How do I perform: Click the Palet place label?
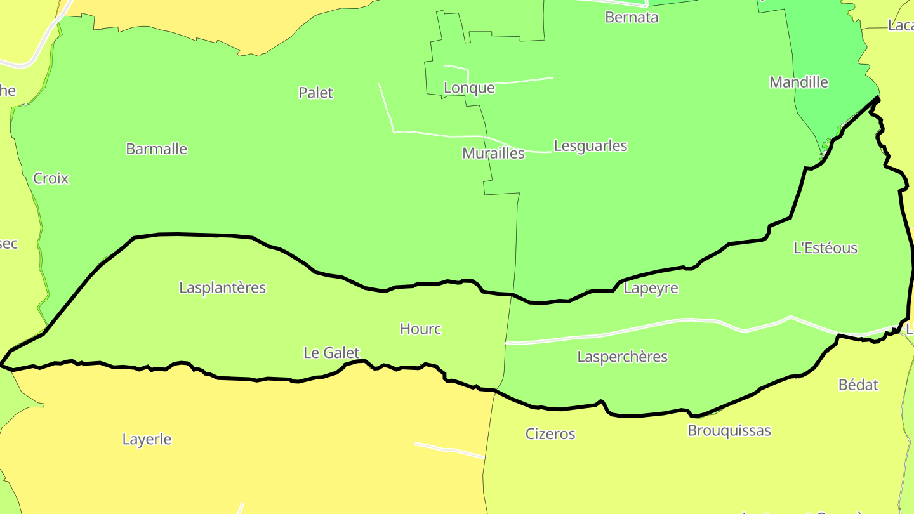pos(315,93)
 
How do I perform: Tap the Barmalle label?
pos(156,149)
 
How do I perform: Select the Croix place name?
pos(51,178)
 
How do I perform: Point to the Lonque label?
pos(469,88)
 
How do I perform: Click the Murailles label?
pos(493,153)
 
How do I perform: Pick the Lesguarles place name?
pos(590,146)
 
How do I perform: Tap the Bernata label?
pos(632,17)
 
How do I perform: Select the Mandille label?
pos(798,82)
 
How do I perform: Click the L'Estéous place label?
pos(825,248)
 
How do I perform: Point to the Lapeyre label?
pos(651,288)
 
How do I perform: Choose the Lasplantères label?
pos(222,287)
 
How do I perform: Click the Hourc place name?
pos(420,329)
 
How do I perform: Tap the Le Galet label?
pos(331,353)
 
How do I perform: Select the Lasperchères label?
pos(622,357)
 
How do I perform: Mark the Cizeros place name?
pos(550,434)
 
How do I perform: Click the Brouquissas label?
pos(729,430)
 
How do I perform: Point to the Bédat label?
pos(858,385)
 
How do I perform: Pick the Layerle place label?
pos(147,439)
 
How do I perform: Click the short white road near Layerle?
pos(447,449)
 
